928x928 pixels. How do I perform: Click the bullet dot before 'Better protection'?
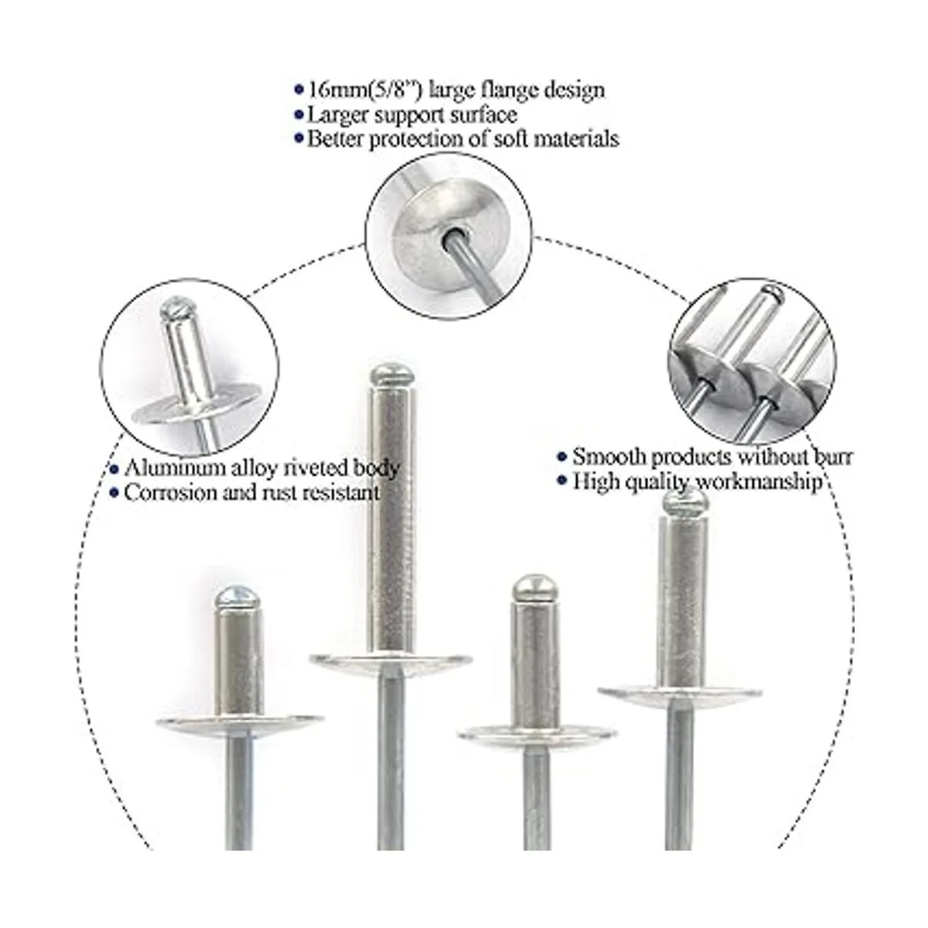point(299,139)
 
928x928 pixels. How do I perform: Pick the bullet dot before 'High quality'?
point(561,480)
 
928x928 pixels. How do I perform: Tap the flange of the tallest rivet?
point(391,662)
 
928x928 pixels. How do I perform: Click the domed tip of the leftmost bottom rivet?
point(237,597)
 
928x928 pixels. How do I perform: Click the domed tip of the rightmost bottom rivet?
point(686,502)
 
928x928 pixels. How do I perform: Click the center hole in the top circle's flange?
point(454,234)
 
